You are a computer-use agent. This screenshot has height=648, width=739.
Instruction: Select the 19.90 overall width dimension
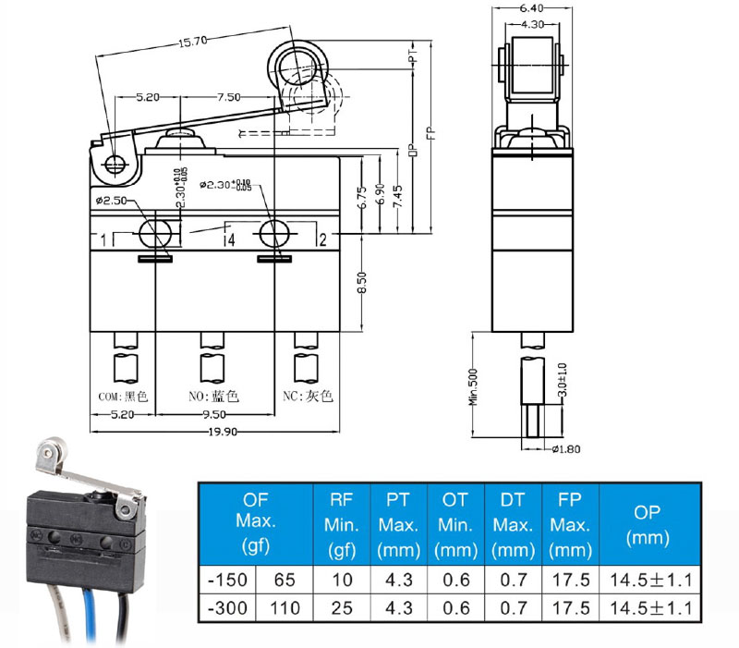click(x=219, y=431)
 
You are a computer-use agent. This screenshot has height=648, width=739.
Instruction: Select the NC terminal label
click(x=308, y=397)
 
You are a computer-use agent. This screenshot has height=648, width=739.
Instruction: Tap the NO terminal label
click(x=213, y=397)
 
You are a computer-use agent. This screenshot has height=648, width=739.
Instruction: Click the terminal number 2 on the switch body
click(x=321, y=240)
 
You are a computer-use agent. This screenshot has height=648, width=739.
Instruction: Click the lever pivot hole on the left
click(x=115, y=165)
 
